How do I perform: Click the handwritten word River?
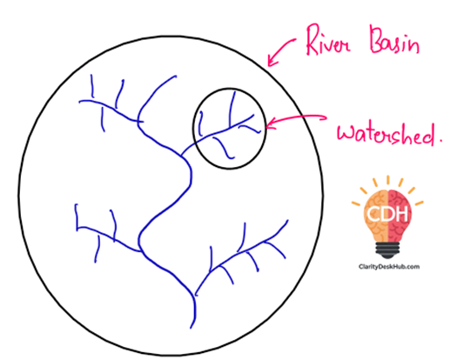pyautogui.click(x=328, y=41)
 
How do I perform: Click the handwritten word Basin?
pyautogui.click(x=394, y=40)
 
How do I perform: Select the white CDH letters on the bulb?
pyautogui.click(x=387, y=214)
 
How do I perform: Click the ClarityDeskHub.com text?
pyautogui.click(x=389, y=267)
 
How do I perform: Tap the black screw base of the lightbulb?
pyautogui.click(x=387, y=250)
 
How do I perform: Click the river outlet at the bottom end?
pyautogui.click(x=191, y=328)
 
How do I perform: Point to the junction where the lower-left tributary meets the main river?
pyautogui.click(x=141, y=251)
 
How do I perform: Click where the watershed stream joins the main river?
pyautogui.click(x=182, y=157)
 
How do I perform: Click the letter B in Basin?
pyautogui.click(x=378, y=39)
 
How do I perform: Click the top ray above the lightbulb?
pyautogui.click(x=388, y=180)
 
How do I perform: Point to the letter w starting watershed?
pyautogui.click(x=346, y=134)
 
